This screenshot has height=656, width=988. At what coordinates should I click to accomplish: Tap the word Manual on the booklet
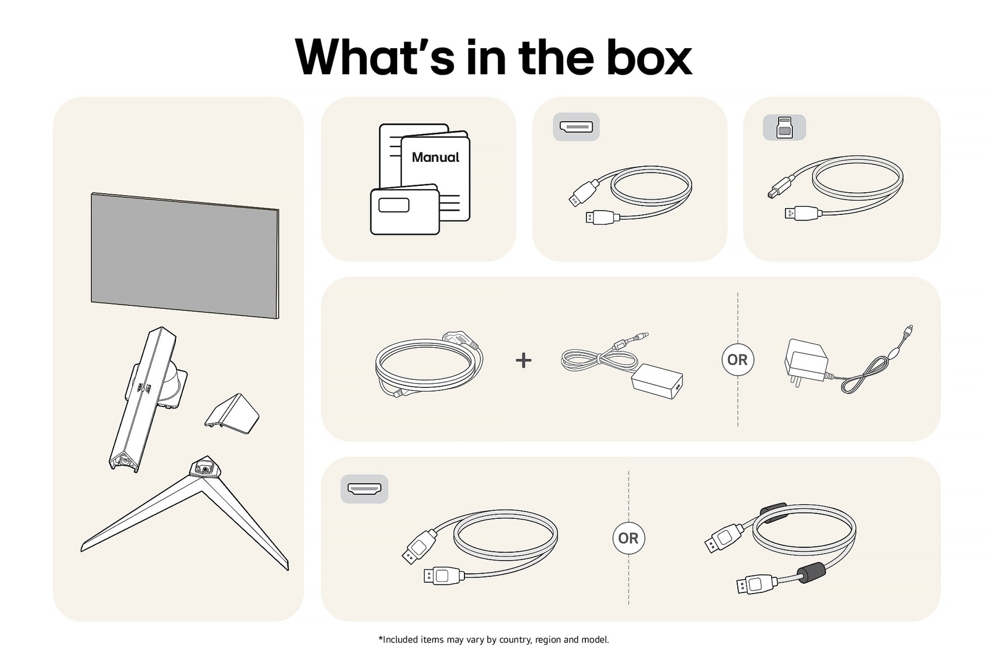pyautogui.click(x=435, y=158)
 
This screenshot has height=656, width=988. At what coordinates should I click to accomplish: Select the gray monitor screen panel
pyautogui.click(x=185, y=255)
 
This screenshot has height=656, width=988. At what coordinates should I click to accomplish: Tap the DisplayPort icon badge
pyautogui.click(x=576, y=127)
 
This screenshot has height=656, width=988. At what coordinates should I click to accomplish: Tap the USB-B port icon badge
pyautogui.click(x=784, y=127)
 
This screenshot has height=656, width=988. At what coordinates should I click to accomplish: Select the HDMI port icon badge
pyautogui.click(x=364, y=489)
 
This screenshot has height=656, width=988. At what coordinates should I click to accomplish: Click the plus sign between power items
pyautogui.click(x=524, y=360)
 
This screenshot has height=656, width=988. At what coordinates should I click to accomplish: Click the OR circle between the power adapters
pyautogui.click(x=737, y=360)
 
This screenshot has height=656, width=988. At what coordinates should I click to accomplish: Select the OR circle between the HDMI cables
pyautogui.click(x=628, y=538)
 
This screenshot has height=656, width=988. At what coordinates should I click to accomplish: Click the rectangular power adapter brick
pyautogui.click(x=657, y=381)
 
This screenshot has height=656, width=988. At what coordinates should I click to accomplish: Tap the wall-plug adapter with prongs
pyautogui.click(x=805, y=362)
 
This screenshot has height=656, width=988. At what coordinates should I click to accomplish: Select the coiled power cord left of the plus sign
pyautogui.click(x=428, y=364)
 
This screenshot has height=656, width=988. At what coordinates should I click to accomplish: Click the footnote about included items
pyautogui.click(x=493, y=639)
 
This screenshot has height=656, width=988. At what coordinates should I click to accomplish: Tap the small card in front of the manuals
pyautogui.click(x=404, y=211)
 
